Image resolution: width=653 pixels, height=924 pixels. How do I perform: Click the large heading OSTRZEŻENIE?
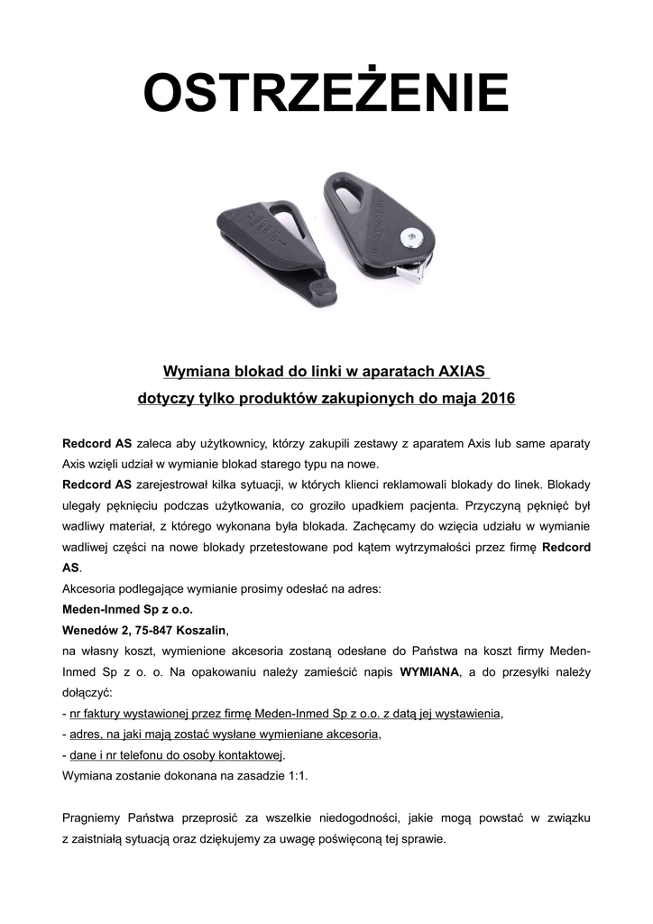pos(326,94)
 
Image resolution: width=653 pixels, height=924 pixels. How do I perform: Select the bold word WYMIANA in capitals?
pos(429,671)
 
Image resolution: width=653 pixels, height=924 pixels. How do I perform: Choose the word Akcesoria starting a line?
pos(91,588)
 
